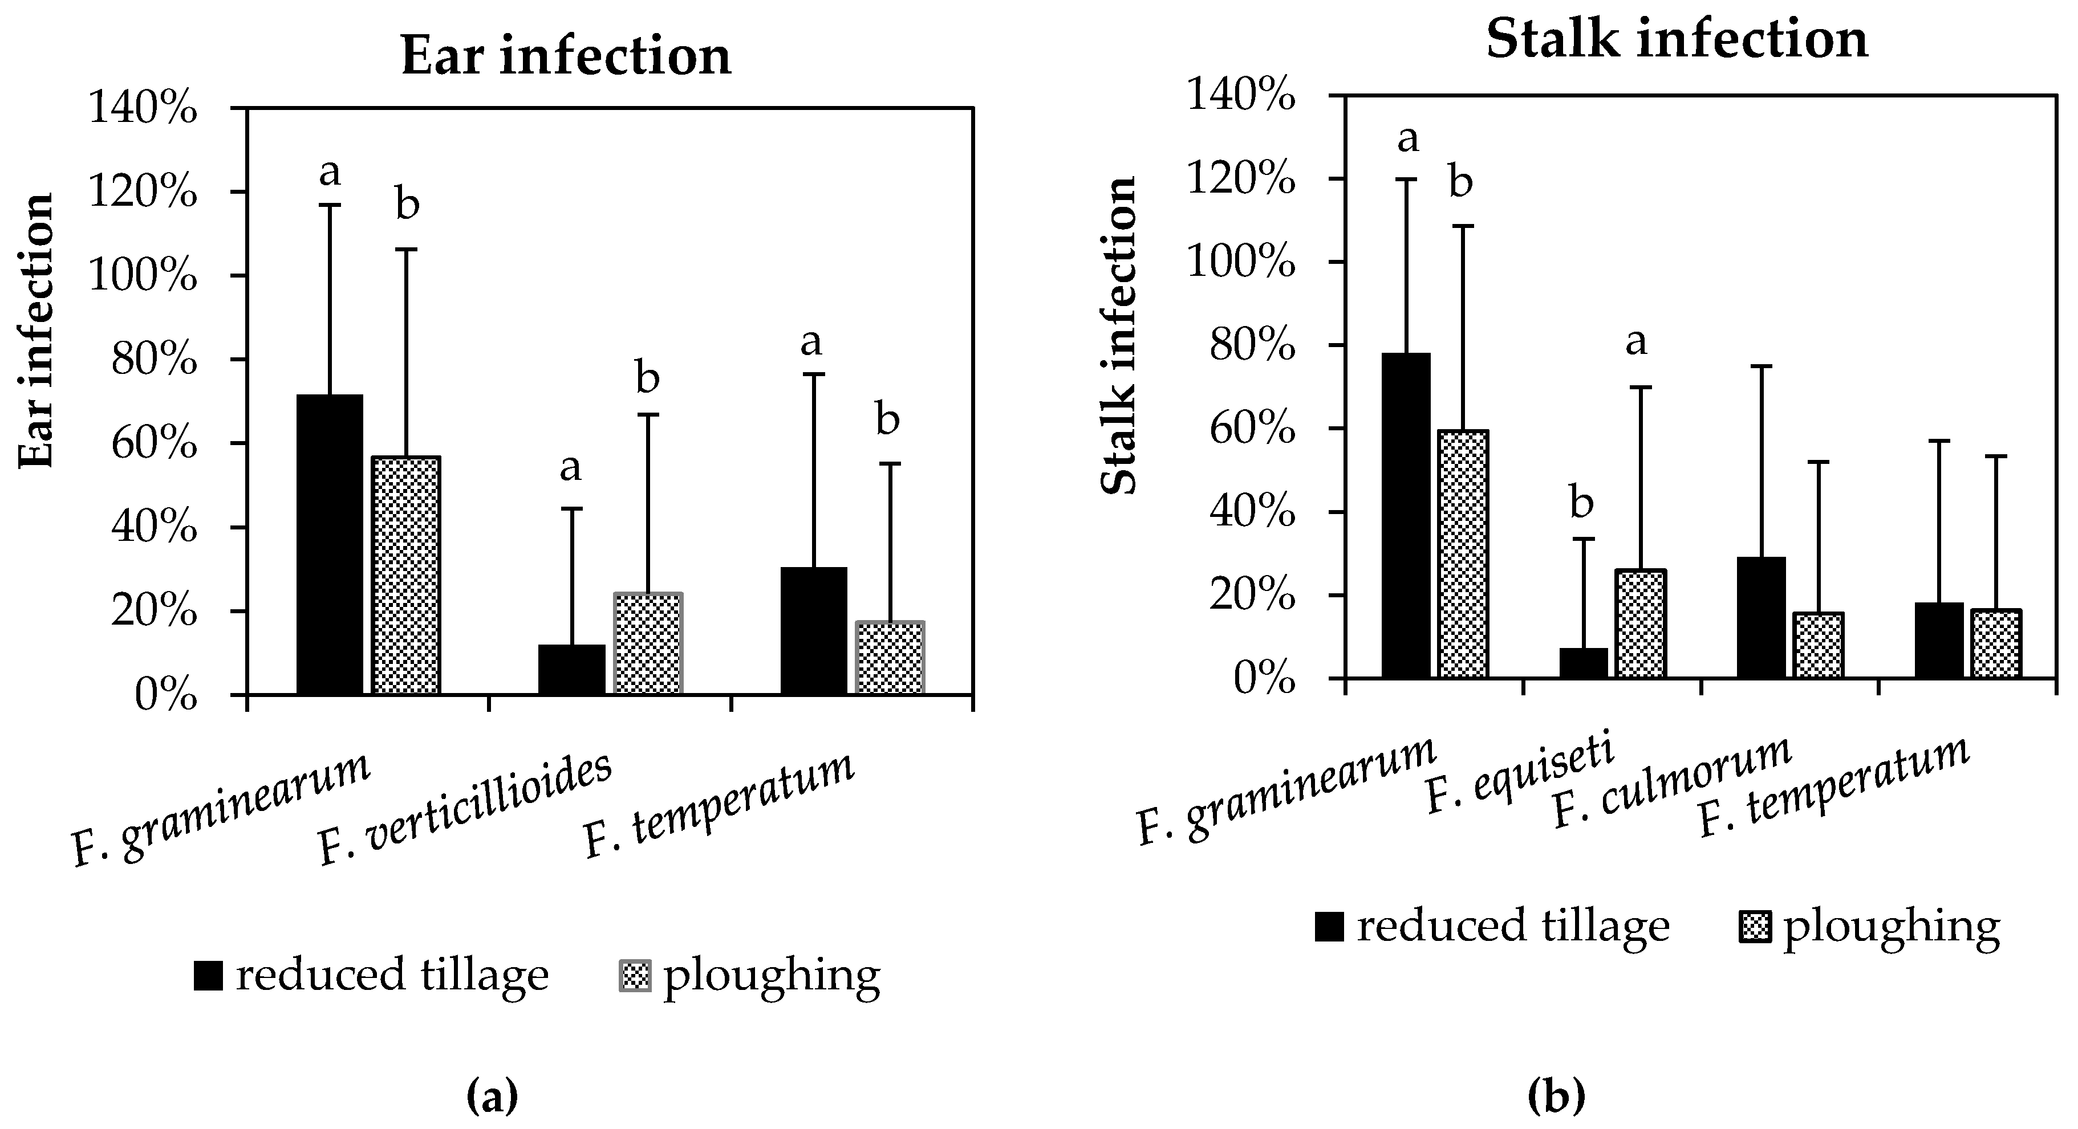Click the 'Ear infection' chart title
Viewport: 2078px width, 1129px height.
click(x=566, y=56)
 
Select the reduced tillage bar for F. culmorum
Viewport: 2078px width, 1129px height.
click(x=1760, y=617)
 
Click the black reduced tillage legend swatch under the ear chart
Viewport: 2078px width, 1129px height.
click(x=208, y=976)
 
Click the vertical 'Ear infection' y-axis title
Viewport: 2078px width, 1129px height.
click(x=37, y=331)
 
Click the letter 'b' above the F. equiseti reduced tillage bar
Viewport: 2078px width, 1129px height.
click(x=1582, y=504)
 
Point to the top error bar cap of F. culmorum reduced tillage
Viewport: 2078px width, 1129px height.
click(x=1760, y=366)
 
